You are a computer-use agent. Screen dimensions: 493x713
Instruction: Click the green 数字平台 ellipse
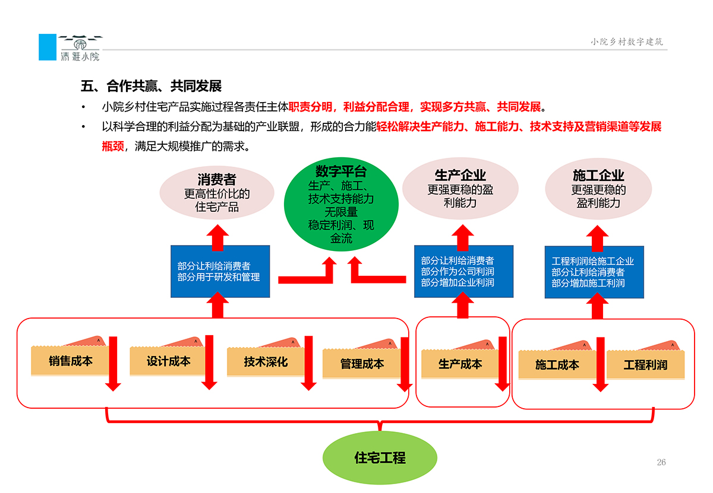click(341, 205)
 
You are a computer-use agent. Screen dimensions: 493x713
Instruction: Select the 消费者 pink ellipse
click(217, 193)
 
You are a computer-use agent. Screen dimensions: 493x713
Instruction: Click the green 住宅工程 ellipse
click(380, 457)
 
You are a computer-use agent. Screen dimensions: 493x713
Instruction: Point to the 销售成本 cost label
click(70, 361)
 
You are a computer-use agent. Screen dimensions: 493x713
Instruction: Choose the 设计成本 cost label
click(168, 361)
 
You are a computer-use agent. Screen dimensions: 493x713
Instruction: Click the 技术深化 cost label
click(265, 361)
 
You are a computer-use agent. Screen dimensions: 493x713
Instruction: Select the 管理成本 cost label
click(361, 364)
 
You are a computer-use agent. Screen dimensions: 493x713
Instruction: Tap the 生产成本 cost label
click(459, 364)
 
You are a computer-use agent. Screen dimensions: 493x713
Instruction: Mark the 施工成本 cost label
click(556, 365)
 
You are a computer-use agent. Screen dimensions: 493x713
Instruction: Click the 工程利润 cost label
click(645, 365)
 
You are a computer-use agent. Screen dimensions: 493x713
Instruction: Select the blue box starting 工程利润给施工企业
click(594, 272)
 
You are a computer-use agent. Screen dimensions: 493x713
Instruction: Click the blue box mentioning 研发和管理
click(220, 271)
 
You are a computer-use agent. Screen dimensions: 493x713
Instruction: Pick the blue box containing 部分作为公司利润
click(463, 271)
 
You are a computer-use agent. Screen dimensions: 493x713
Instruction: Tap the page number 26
click(661, 462)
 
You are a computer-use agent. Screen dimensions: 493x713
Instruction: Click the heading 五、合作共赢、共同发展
click(151, 87)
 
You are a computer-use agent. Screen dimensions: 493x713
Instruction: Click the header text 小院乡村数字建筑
click(626, 42)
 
